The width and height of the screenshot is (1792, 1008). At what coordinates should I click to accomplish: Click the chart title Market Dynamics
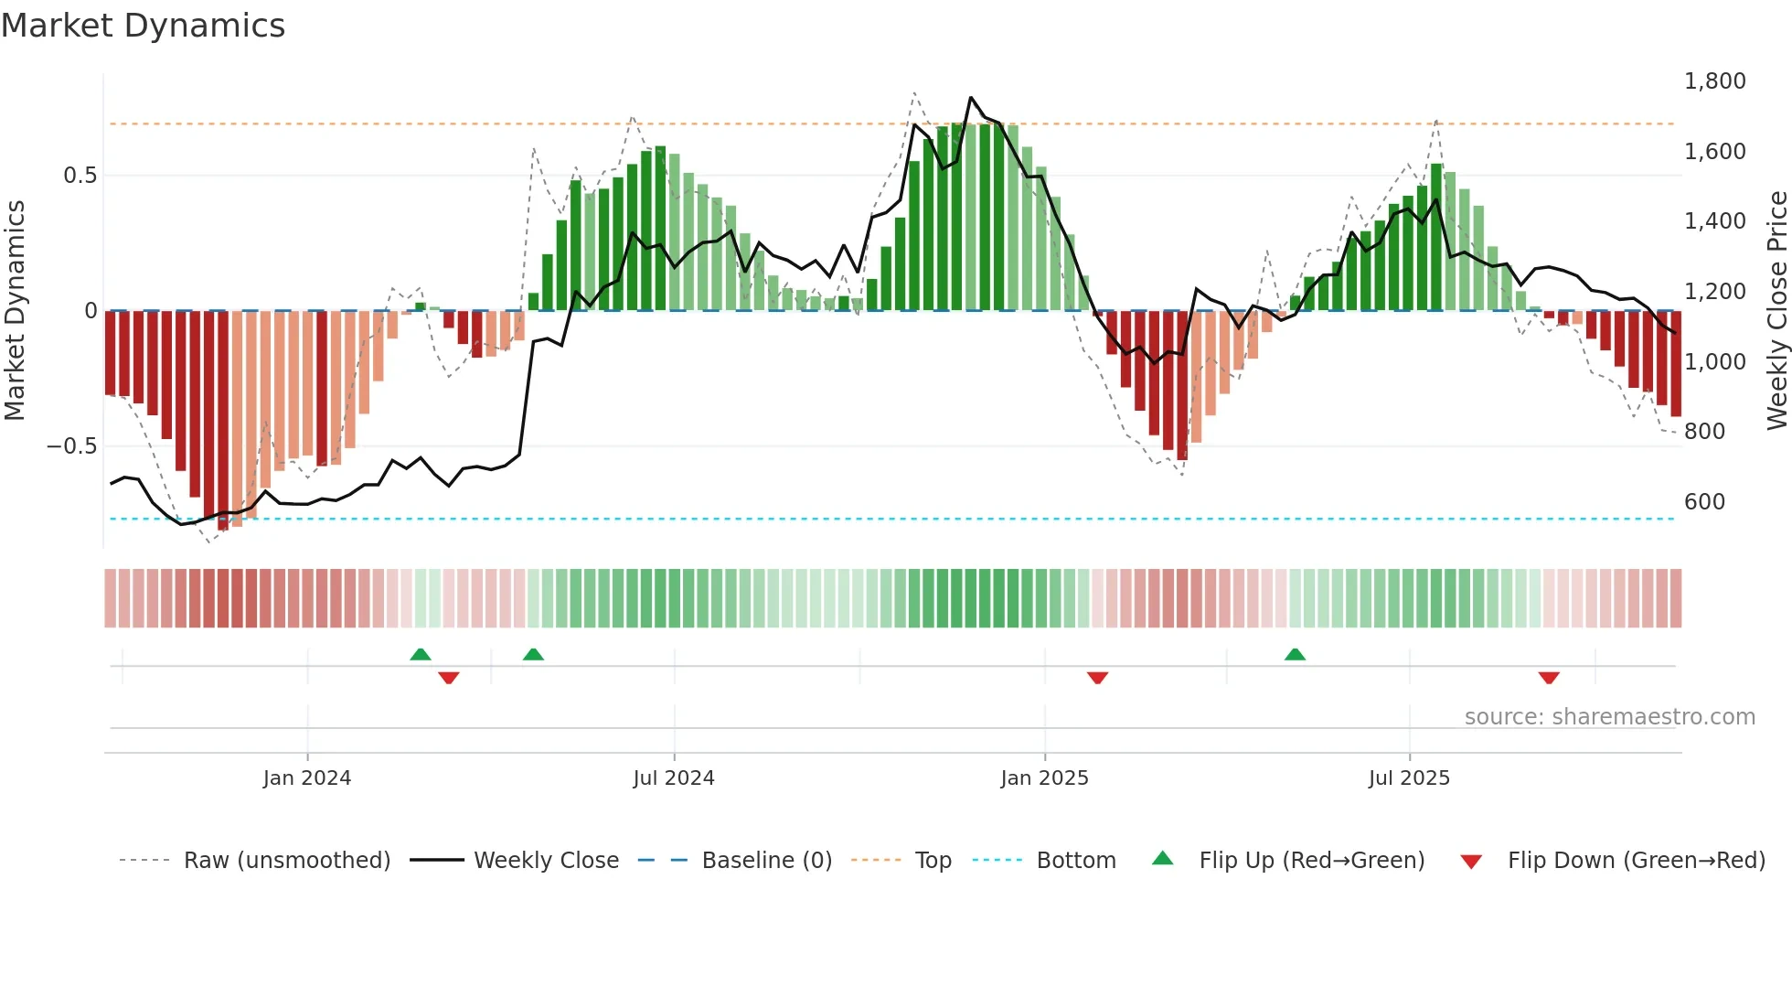(x=144, y=26)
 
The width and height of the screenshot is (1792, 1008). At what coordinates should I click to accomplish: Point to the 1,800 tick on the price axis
(x=1714, y=81)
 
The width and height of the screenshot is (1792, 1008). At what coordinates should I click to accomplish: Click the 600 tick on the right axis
(x=1704, y=502)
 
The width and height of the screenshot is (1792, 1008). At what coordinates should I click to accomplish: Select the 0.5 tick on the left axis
(x=80, y=176)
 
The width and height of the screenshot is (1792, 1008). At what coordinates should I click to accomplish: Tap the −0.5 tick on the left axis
(x=71, y=446)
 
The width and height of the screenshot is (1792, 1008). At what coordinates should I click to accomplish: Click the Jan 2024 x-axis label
(x=306, y=778)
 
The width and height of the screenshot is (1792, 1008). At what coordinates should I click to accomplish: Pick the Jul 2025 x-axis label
(x=1409, y=778)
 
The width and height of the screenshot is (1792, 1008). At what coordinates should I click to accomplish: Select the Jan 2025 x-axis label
(x=1044, y=778)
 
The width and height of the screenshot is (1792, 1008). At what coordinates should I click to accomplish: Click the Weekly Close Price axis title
(x=1776, y=311)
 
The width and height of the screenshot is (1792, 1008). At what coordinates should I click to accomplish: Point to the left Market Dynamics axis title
(x=15, y=311)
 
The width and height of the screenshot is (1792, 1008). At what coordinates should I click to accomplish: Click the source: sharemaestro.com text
(x=1609, y=717)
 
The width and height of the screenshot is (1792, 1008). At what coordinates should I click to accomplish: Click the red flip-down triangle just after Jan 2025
(x=1097, y=678)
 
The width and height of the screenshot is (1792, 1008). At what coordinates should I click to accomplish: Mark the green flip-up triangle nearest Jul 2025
(x=1295, y=654)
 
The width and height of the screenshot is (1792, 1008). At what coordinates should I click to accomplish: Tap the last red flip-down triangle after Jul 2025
(x=1549, y=678)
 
